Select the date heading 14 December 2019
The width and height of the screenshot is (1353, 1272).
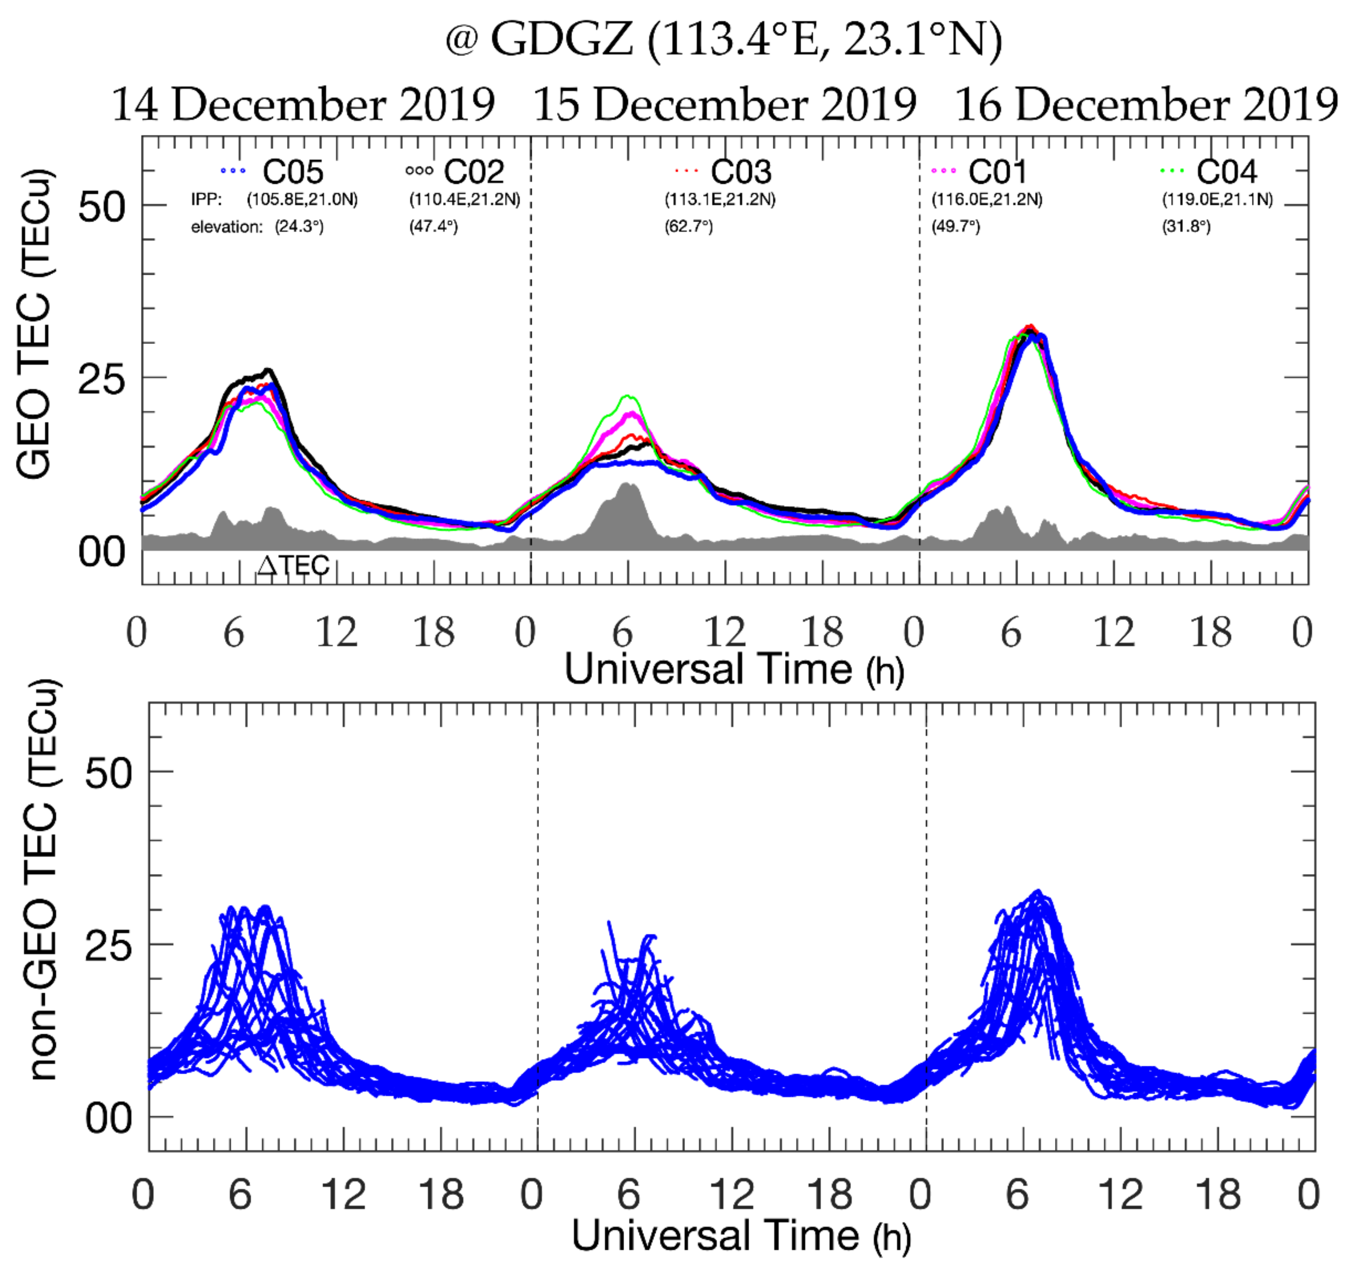click(303, 106)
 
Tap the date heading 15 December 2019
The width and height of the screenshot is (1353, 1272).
click(725, 106)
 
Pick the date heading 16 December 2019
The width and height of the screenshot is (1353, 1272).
click(1147, 106)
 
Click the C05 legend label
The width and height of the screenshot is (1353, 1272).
click(293, 172)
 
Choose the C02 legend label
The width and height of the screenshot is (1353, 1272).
click(474, 172)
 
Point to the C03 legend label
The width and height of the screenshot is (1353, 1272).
click(741, 172)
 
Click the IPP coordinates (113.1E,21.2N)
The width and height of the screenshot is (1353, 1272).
click(720, 199)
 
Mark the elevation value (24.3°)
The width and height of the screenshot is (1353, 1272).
click(299, 227)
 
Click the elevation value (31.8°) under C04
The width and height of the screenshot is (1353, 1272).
click(1186, 227)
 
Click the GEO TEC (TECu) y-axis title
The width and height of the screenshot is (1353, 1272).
click(34, 323)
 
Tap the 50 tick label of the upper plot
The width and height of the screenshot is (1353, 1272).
click(102, 206)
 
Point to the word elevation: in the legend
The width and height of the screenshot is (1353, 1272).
click(227, 227)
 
